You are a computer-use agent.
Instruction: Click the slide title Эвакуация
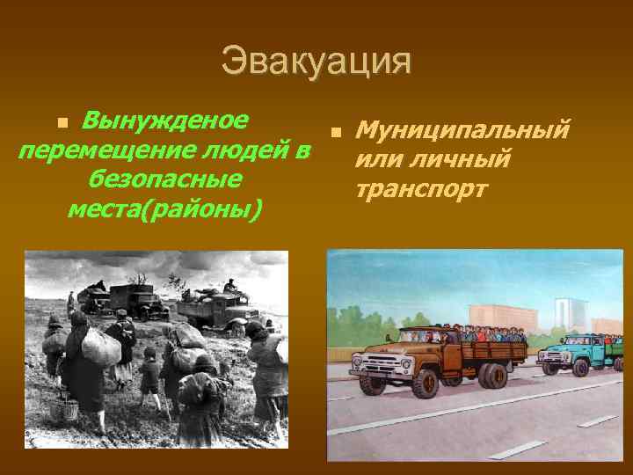316,62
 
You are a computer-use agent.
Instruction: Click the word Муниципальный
462,131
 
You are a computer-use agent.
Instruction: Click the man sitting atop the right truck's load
230,286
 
